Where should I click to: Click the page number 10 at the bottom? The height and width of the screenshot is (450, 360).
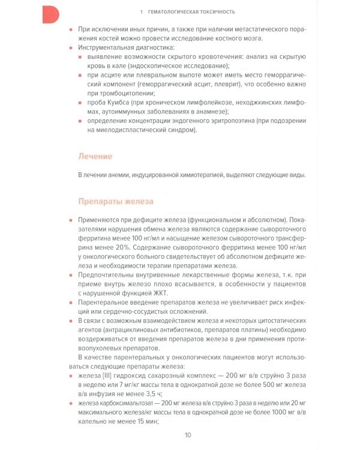[188, 435]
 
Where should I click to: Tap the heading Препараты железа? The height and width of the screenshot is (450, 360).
[116, 201]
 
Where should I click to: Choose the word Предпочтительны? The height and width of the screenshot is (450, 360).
[109, 274]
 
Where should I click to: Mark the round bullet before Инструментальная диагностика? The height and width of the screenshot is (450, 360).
[72, 47]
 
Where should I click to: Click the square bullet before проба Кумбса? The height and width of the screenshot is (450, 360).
[81, 103]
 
